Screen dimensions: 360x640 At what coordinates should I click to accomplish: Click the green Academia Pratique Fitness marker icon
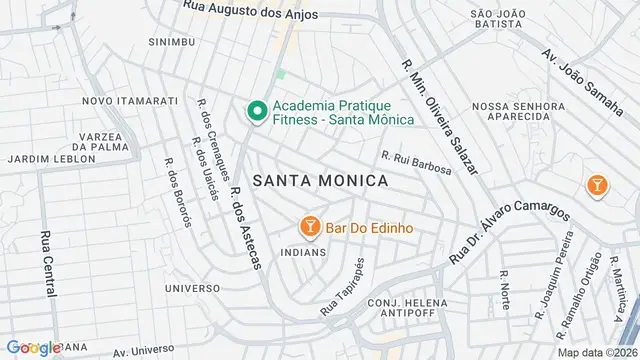pos(256,111)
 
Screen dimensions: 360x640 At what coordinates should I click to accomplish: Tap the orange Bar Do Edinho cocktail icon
pos(310,227)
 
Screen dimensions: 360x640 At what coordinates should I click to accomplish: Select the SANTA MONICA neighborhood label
pos(320,180)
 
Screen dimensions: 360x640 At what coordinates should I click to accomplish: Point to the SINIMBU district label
pos(171,43)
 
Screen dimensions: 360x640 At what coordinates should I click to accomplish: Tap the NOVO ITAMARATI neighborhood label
pos(130,101)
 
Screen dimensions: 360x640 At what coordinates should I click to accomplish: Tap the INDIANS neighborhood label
pos(304,252)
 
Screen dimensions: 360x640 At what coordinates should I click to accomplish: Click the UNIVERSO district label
pos(193,287)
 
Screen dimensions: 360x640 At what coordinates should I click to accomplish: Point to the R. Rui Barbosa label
pos(416,162)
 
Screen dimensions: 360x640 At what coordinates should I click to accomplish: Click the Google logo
pos(33,347)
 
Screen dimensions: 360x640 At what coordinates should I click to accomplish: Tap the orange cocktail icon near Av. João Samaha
pos(597,185)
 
